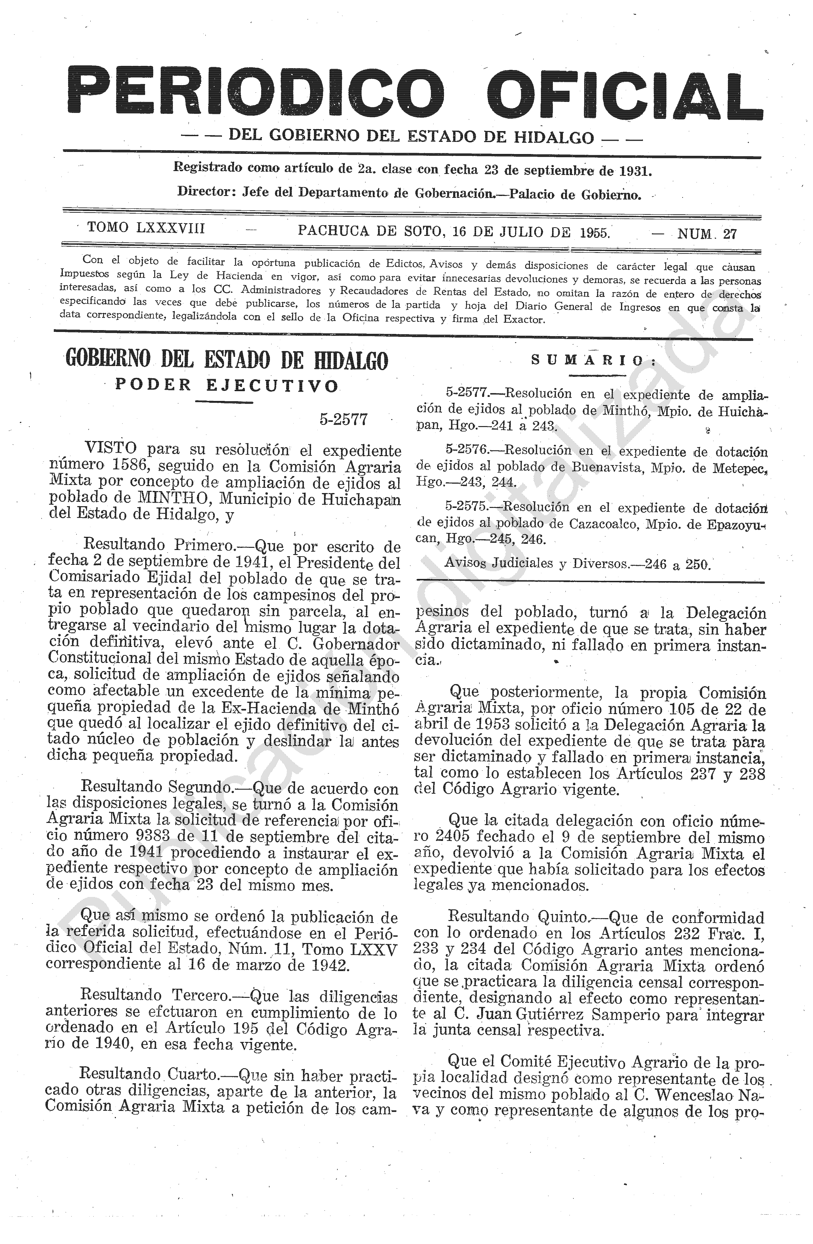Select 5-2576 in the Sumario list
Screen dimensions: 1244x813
click(x=466, y=450)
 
